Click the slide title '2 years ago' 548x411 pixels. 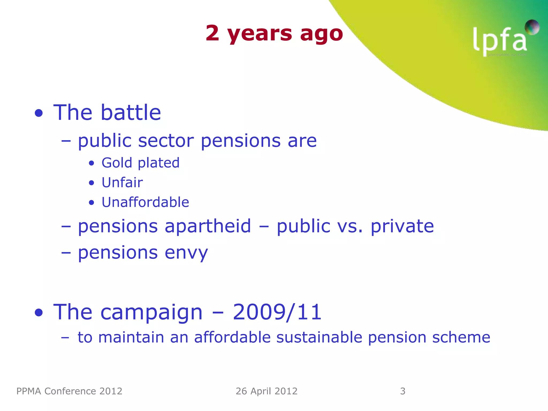[274, 33]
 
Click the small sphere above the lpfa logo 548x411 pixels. [532, 27]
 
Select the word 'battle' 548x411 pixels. [131, 112]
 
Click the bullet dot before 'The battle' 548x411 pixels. [39, 113]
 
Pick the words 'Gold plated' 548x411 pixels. [140, 163]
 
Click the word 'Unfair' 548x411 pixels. [122, 182]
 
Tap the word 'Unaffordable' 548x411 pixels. [145, 202]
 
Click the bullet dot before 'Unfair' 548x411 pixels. [92, 183]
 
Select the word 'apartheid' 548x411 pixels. [208, 226]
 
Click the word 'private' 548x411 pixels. [402, 226]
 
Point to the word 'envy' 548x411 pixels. [186, 253]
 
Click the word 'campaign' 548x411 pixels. [151, 312]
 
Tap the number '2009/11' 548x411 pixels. [277, 312]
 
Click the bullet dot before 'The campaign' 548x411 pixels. [39, 313]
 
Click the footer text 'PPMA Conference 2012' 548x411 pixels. [69, 391]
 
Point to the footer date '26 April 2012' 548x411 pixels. [267, 391]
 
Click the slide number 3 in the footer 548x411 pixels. [402, 391]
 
